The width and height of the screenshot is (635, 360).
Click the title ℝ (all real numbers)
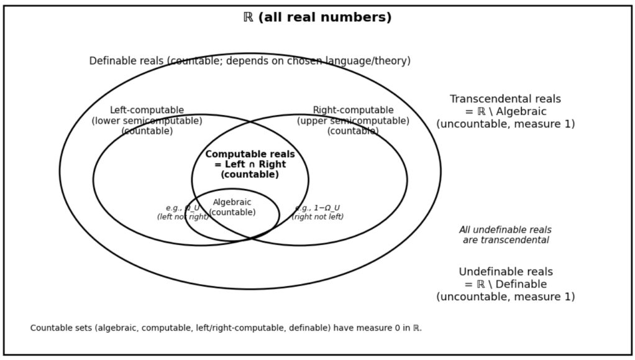317,17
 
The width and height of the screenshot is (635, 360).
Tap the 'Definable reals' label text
127,61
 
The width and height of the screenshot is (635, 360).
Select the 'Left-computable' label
147,111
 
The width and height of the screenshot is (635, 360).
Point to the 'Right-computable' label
353,111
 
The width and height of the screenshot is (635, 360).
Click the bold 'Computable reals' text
250,154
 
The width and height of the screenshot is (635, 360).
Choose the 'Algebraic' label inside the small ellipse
232,202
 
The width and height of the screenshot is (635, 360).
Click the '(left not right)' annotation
183,217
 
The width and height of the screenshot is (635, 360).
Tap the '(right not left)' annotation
317,217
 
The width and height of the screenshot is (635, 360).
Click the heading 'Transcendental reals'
505,99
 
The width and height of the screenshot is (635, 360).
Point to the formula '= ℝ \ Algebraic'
505,112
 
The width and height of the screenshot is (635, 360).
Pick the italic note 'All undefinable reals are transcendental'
505,235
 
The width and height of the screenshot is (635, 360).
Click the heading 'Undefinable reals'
505,272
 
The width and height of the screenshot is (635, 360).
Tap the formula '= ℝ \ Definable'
505,285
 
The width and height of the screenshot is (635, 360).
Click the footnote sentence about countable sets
226,328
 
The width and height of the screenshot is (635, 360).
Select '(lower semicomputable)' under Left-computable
147,121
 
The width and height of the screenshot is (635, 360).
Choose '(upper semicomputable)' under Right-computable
353,121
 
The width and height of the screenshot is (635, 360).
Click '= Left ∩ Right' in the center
250,165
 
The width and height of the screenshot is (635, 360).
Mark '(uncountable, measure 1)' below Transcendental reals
505,124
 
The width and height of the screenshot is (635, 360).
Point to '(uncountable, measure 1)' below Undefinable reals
505,297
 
